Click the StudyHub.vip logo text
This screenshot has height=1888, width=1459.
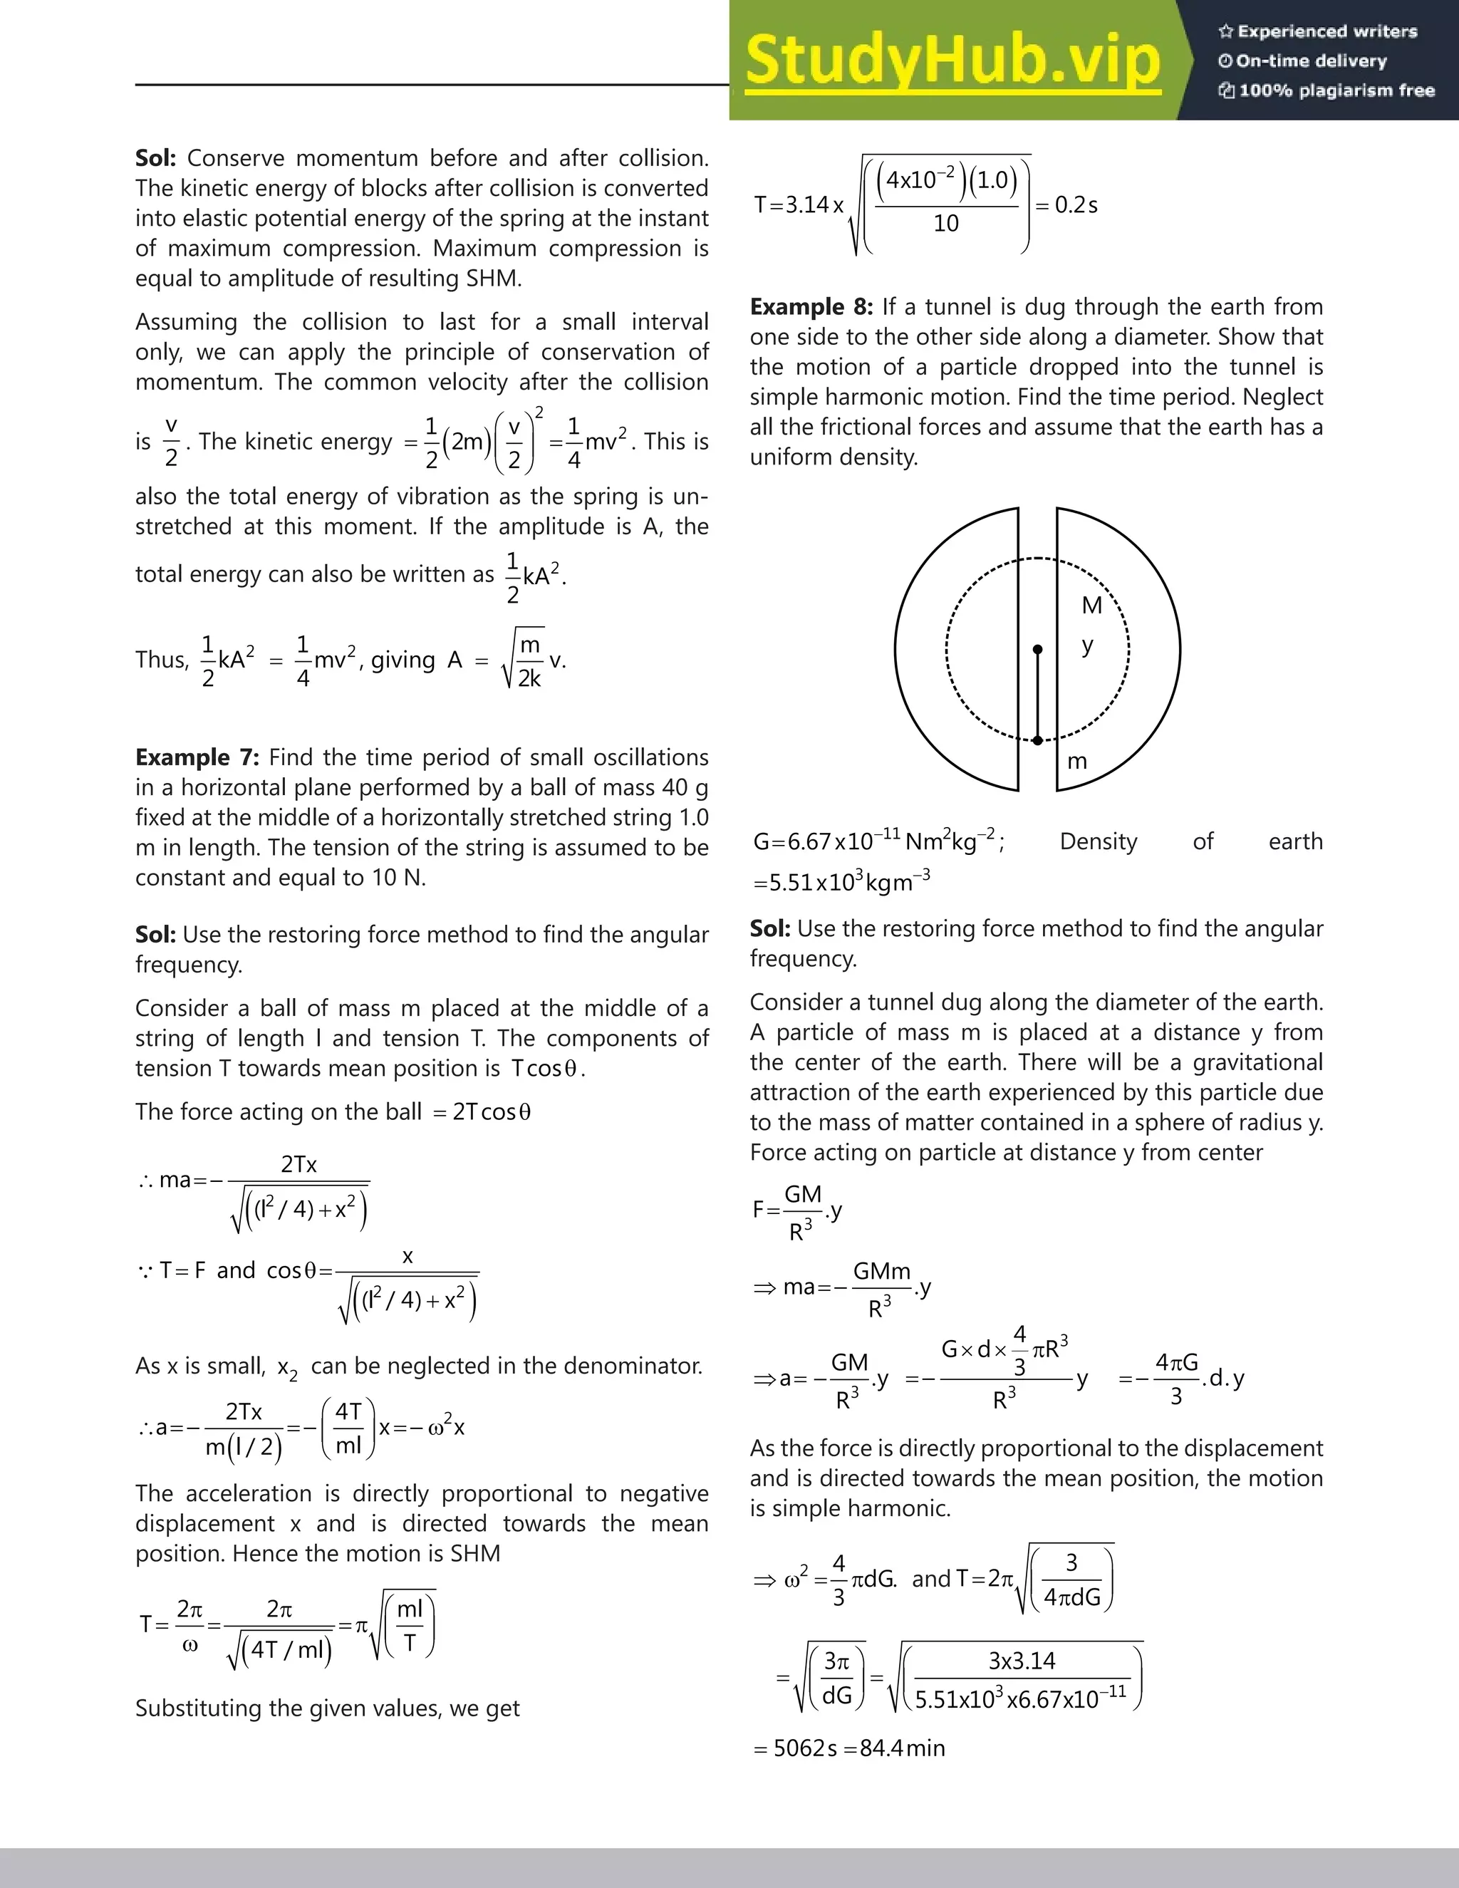[x=952, y=61]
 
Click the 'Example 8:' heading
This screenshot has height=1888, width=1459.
[x=811, y=307]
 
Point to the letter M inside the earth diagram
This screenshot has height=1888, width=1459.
[x=1091, y=605]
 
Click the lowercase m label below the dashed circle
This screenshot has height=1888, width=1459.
[x=1077, y=762]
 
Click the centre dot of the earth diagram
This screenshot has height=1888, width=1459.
[x=1038, y=649]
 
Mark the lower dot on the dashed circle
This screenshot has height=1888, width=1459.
[x=1038, y=740]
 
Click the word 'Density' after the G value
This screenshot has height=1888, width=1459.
[x=1098, y=841]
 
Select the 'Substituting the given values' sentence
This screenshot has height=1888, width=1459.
[x=328, y=1708]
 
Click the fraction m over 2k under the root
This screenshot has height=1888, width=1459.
[x=529, y=660]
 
